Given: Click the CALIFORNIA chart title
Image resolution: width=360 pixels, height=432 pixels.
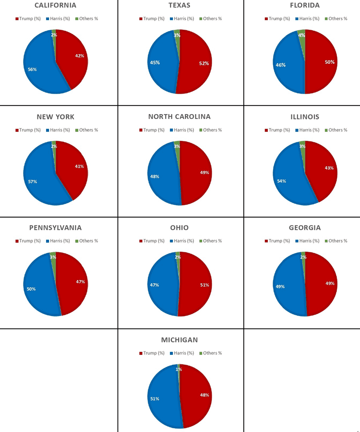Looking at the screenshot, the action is tap(56, 5).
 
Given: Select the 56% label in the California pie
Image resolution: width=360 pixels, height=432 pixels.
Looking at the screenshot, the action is tap(32, 70).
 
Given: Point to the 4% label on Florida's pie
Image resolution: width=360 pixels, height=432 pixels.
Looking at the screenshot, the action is tap(301, 35).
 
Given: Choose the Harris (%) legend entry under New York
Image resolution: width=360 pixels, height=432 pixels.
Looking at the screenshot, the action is tap(58, 130).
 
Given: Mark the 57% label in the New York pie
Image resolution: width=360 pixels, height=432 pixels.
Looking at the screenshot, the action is tap(33, 182).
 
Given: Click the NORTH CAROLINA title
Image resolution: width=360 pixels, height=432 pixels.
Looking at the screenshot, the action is tap(180, 117).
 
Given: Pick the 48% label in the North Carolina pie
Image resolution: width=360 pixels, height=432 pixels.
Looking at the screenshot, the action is tap(155, 176).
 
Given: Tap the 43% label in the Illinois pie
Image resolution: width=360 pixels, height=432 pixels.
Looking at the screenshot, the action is tap(329, 168).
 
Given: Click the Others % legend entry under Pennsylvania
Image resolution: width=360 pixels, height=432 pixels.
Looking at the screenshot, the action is tap(86, 241).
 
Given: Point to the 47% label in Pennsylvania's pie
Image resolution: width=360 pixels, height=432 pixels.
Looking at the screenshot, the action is tap(81, 282).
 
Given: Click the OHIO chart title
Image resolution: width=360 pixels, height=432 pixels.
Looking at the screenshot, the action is tap(180, 228).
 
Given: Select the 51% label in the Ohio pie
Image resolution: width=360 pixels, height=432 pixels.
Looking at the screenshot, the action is tap(204, 285).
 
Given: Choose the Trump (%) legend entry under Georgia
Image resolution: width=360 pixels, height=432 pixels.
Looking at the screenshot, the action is tap(277, 241).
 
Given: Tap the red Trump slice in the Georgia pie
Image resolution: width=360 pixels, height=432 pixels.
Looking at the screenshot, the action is tap(322, 284).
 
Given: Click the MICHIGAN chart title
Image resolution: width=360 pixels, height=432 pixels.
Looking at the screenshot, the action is tap(180, 340).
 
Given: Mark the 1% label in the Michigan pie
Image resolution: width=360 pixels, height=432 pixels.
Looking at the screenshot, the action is tap(179, 369).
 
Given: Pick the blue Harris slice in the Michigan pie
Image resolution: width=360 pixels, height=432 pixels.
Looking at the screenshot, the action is tap(163, 397).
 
